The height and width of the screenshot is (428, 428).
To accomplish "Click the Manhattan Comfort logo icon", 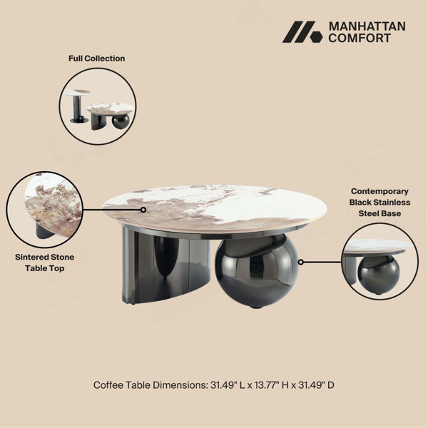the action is pyautogui.click(x=302, y=32).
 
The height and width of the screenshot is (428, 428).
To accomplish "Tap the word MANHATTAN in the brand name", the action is pyautogui.click(x=367, y=26).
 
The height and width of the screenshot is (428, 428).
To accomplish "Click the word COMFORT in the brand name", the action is pyautogui.click(x=360, y=38).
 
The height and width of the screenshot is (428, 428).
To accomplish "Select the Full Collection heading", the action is pyautogui.click(x=96, y=58).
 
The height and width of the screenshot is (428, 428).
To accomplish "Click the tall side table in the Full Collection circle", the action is pyautogui.click(x=78, y=106).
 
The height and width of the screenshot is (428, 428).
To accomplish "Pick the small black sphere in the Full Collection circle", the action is pyautogui.click(x=121, y=122).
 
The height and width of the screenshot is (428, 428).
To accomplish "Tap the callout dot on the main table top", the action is pyautogui.click(x=143, y=210).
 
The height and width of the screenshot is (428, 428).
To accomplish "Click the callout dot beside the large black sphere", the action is pyautogui.click(x=300, y=262).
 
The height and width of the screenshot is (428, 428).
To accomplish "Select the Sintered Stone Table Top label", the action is pyautogui.click(x=44, y=263).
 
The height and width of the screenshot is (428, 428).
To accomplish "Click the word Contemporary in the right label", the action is pyautogui.click(x=379, y=191).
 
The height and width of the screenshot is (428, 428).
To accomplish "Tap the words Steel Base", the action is pyautogui.click(x=379, y=213).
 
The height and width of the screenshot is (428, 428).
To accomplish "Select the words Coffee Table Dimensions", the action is pyautogui.click(x=151, y=385).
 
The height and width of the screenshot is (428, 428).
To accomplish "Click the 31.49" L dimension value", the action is pyautogui.click(x=228, y=385).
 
